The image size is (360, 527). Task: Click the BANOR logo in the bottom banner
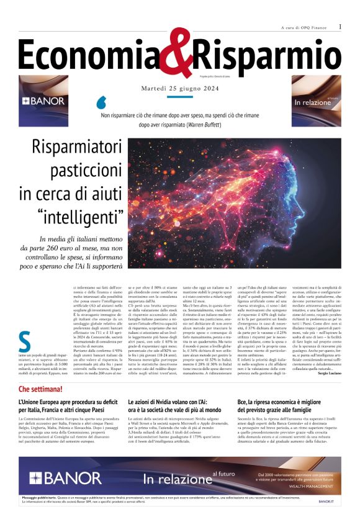coord(65,478)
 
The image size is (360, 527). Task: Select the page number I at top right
coord(340,27)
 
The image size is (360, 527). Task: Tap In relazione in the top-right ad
coord(313,102)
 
